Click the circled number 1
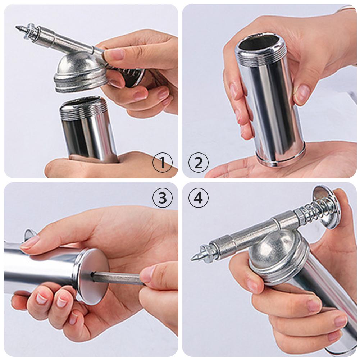(x=162, y=163)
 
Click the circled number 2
(x=198, y=163)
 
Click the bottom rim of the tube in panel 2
(x=281, y=158)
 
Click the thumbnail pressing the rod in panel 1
(x=115, y=54)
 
